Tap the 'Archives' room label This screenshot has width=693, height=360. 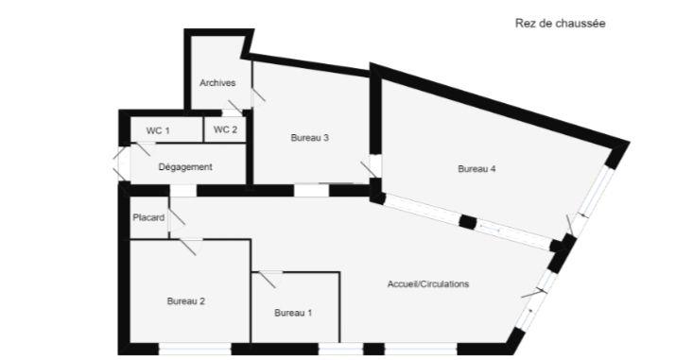217,82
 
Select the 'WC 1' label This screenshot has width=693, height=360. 157,129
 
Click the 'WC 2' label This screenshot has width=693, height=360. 225,129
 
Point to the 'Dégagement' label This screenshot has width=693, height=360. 184,166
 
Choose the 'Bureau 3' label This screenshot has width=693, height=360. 309,138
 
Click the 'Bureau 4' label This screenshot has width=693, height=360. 476,169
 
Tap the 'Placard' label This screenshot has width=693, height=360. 148,217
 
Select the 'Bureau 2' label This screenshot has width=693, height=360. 186,301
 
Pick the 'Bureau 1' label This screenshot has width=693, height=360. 293,312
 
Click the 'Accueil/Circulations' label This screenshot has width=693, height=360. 428,283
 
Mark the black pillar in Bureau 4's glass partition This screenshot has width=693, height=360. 466,222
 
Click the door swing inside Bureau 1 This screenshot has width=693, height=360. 269,279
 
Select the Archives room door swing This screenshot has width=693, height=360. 256,92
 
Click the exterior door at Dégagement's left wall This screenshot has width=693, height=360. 119,166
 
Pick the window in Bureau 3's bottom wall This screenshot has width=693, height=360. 307,190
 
